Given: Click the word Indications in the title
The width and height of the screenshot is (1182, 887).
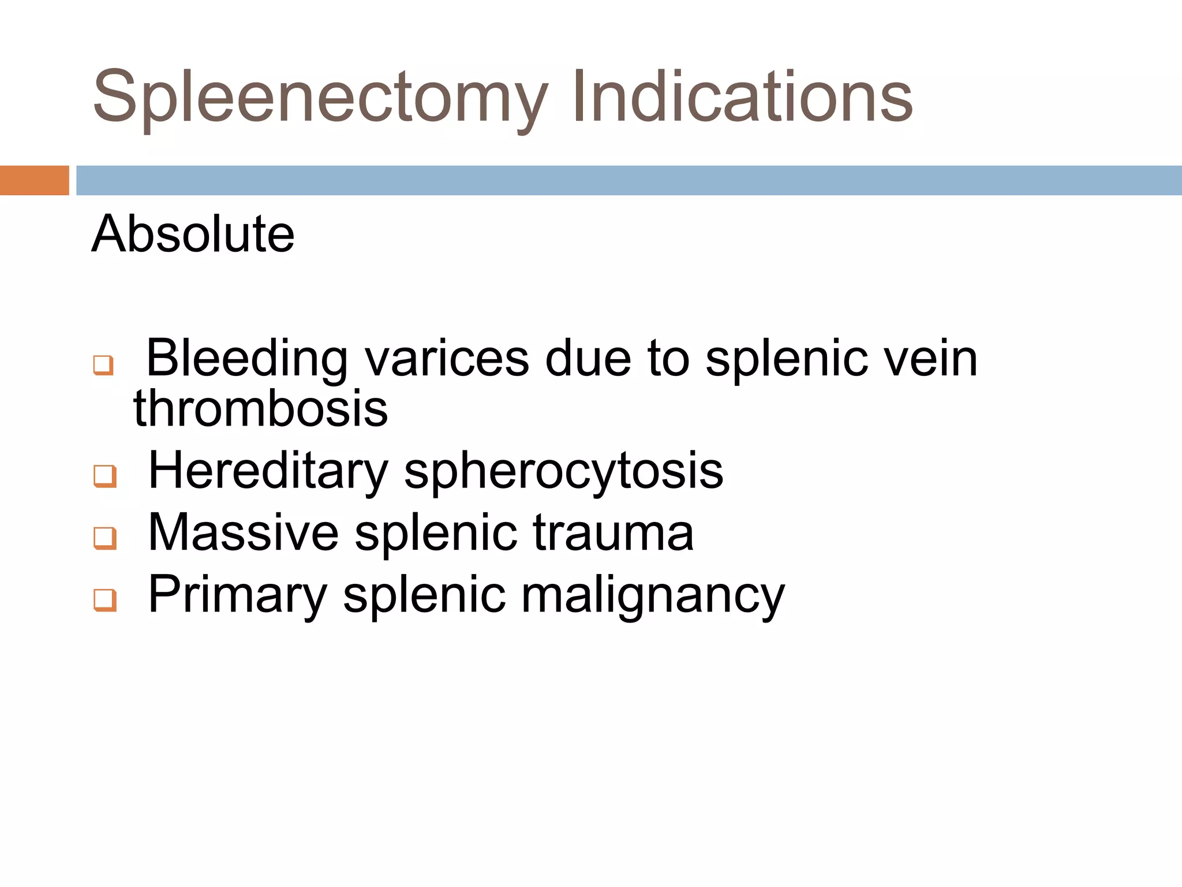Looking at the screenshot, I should [742, 97].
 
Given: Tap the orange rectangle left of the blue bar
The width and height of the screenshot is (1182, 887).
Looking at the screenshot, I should [34, 180].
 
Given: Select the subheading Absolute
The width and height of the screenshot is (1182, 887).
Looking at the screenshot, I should [193, 234].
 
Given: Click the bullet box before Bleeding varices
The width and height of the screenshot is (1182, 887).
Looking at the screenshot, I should [103, 365].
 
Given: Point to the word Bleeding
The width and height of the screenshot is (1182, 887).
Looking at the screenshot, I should [247, 359].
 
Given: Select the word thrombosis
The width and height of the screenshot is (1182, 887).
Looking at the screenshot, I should [260, 409].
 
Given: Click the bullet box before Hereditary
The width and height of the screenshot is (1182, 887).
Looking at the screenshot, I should [105, 476].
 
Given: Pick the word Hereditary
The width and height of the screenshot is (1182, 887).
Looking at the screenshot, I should [268, 471].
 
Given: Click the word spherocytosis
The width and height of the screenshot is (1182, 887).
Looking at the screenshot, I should [563, 471].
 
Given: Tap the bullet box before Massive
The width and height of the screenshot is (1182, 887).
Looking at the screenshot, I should [105, 538].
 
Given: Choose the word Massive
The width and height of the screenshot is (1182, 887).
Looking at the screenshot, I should [243, 532].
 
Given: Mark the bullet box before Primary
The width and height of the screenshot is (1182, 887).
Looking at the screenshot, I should [105, 600].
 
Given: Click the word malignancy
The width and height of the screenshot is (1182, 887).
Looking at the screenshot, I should [653, 595].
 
